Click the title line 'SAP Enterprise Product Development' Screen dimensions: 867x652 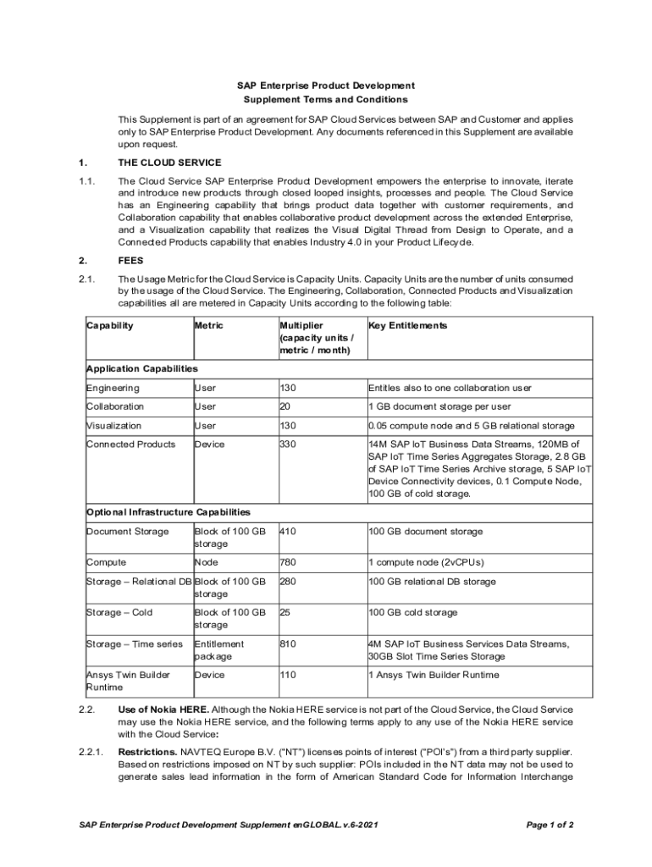(x=325, y=86)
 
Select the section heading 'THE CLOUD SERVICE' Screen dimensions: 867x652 (x=169, y=163)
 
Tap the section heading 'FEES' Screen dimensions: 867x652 (x=130, y=261)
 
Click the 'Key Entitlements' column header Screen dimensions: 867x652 (x=407, y=325)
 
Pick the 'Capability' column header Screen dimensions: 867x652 (x=110, y=325)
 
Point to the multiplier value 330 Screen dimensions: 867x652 (x=288, y=445)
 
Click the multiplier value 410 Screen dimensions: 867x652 (x=288, y=532)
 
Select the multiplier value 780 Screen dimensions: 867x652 (x=288, y=562)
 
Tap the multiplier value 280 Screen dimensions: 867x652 (x=288, y=582)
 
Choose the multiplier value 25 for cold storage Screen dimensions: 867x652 (x=285, y=612)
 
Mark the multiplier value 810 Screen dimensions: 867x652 (x=288, y=644)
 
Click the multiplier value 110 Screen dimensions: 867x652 (x=288, y=675)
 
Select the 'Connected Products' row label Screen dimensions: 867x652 (x=130, y=445)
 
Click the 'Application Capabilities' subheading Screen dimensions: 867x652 (x=141, y=368)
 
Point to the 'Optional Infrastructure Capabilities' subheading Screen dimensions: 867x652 (x=168, y=512)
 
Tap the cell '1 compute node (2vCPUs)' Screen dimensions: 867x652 (x=425, y=562)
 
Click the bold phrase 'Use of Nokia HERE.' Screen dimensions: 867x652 (x=163, y=710)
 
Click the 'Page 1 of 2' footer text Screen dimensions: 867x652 (x=550, y=825)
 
